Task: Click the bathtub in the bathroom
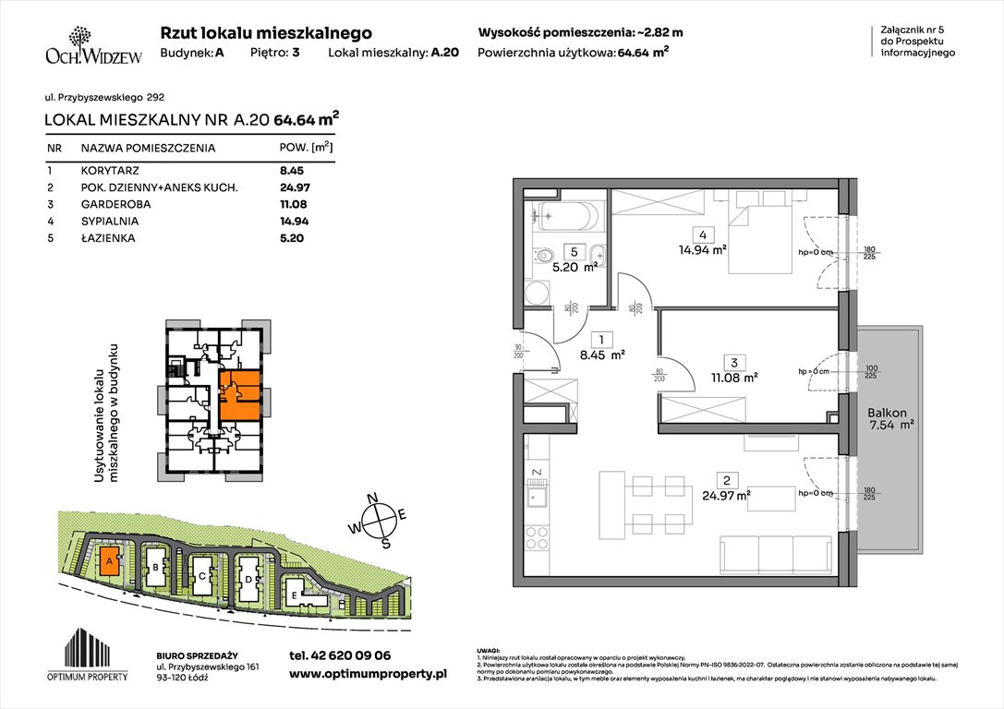568,216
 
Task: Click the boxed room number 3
731,361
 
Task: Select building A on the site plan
109,559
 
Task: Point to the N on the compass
374,499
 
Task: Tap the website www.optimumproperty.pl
368,675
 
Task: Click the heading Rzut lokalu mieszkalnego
266,32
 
